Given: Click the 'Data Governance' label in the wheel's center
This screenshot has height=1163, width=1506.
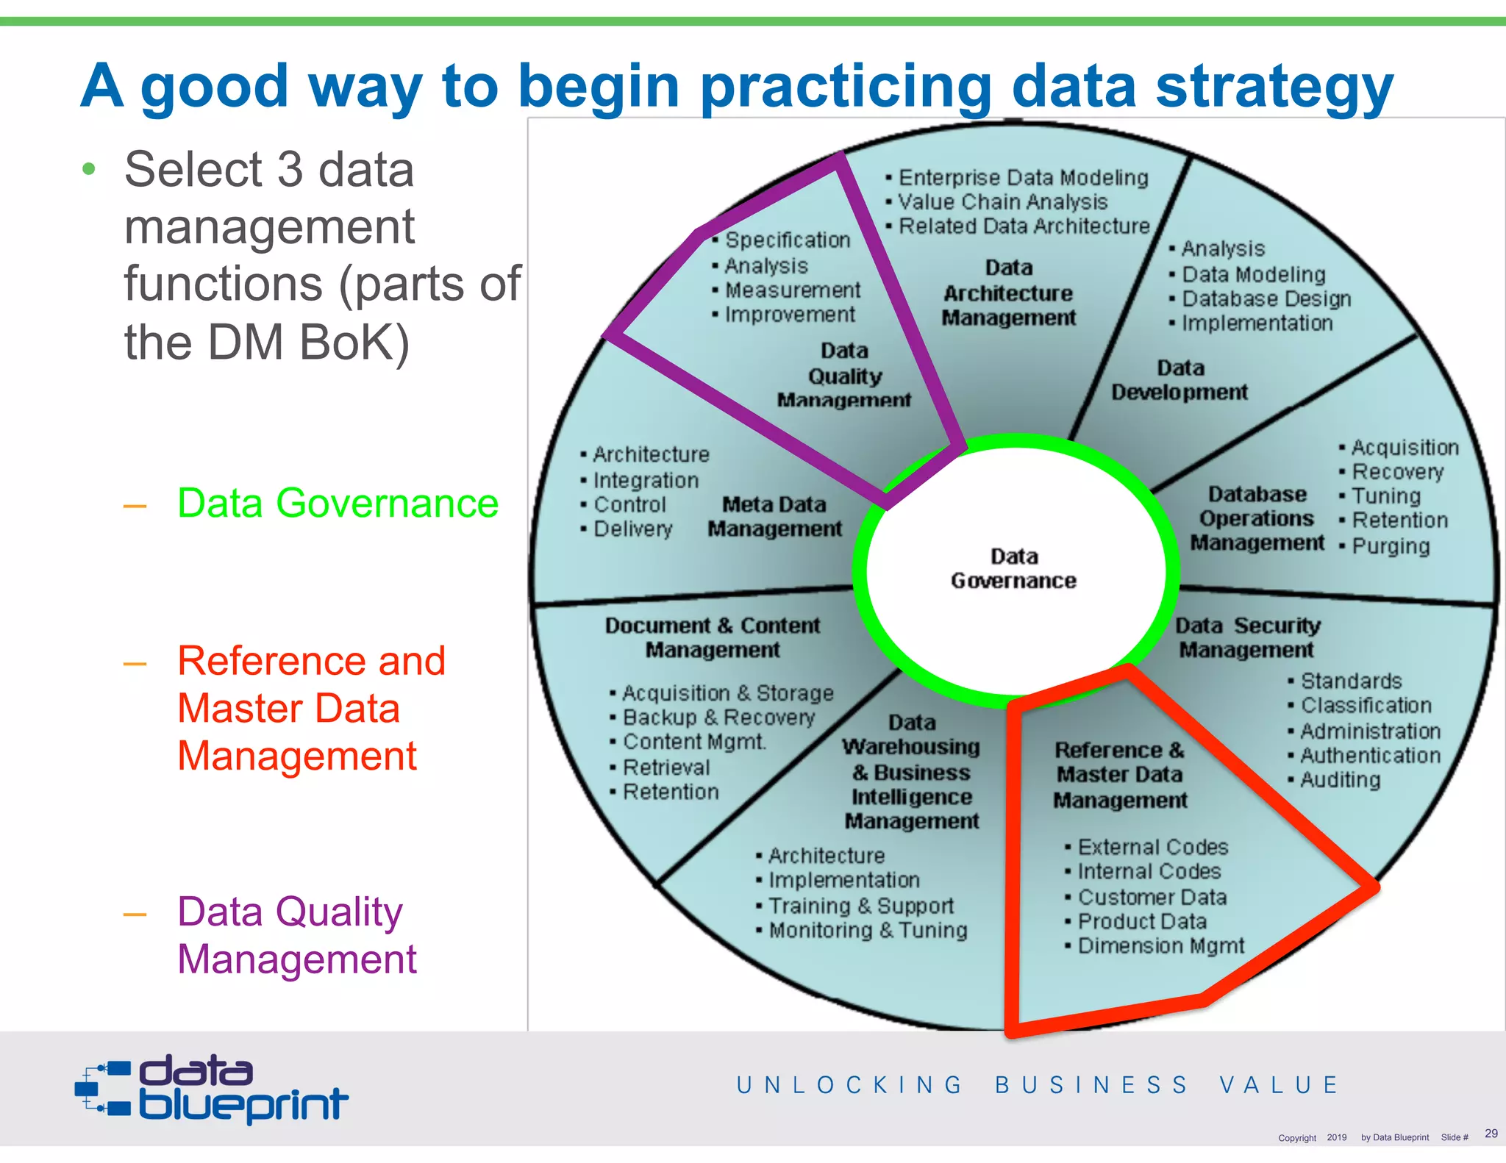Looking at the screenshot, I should coord(1013,568).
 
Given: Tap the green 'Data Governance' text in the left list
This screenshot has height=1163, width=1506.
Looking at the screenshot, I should coord(338,504).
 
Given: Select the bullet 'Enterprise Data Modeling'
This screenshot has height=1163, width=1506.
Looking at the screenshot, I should coord(1023,178).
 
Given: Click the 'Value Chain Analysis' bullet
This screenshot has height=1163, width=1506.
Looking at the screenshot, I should coord(1002,202).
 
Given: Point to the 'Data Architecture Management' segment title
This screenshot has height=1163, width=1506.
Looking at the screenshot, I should coord(1008,293).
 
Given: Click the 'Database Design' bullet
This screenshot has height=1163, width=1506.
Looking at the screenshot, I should coord(1266,299).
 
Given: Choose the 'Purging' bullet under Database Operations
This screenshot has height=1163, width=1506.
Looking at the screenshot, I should coord(1391,546).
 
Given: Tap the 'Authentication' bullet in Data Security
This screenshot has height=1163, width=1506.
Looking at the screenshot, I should coord(1370,756).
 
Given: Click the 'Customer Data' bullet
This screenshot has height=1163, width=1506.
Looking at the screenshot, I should coord(1152,898).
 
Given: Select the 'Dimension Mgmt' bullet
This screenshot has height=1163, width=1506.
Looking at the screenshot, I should coord(1160,946).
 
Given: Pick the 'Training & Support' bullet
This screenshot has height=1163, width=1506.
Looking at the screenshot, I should coord(860,906).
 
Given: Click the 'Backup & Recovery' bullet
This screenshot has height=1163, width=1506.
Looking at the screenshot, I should coord(718,718).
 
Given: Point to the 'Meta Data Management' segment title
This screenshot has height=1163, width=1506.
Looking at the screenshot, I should coord(774,517).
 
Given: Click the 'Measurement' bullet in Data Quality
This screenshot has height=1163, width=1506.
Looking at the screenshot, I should coord(792,290).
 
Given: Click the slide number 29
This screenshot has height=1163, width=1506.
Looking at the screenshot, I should coord(1491,1133).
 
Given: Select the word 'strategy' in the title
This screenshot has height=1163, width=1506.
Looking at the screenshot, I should coord(1274,87).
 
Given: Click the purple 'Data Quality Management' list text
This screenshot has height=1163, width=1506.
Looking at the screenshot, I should coord(297,935).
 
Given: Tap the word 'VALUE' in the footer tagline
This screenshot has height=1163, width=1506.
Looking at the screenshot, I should coord(1279,1085).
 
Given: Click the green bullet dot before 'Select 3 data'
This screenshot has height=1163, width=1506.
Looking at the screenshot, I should coord(89,170).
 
